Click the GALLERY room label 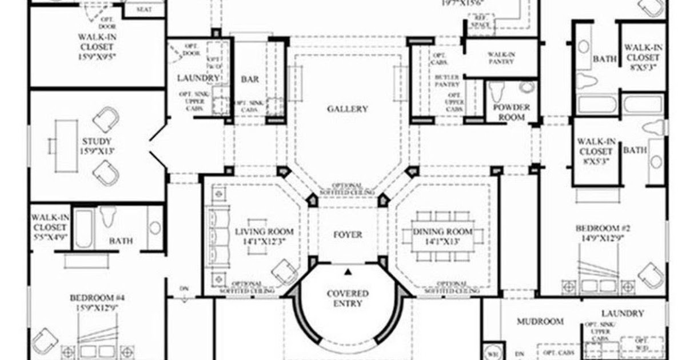click(x=347, y=109)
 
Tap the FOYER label click(x=348, y=234)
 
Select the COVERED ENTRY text click(x=348, y=298)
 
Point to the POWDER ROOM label click(x=511, y=112)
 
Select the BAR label click(x=250, y=79)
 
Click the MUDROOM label click(x=540, y=322)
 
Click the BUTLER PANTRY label click(x=447, y=80)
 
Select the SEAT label click(x=143, y=9)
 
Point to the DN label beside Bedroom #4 click(x=184, y=288)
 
